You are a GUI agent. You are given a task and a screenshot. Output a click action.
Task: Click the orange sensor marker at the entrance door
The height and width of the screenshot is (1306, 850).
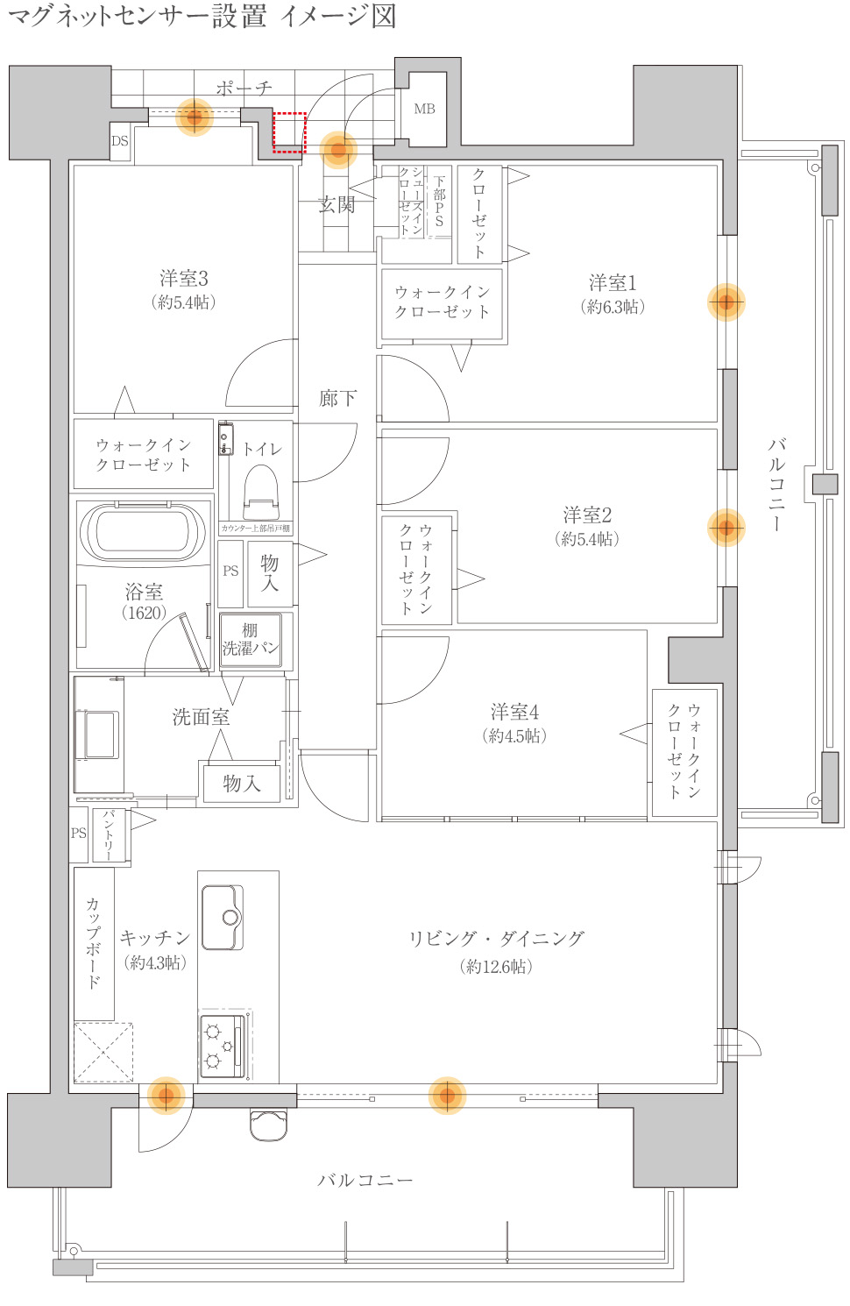(338, 150)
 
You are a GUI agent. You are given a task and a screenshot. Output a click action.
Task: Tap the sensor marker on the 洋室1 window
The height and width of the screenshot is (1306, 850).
(726, 302)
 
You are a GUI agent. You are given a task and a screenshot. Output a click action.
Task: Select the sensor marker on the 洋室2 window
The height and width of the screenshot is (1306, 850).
(726, 528)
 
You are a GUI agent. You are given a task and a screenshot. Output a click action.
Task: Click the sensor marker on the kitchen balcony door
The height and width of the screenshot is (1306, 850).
(166, 1095)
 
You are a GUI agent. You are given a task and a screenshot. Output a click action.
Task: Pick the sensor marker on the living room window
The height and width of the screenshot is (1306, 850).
(447, 1095)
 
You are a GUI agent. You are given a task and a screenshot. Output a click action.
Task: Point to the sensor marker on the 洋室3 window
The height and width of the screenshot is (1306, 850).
(195, 116)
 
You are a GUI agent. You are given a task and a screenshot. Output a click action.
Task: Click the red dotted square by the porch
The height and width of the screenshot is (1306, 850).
(289, 131)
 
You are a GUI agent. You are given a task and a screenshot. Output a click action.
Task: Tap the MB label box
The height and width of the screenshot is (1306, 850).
(424, 110)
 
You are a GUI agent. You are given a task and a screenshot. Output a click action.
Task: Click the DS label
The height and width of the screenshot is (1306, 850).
(120, 141)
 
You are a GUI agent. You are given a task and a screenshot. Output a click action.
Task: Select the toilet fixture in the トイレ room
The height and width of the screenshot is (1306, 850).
(260, 492)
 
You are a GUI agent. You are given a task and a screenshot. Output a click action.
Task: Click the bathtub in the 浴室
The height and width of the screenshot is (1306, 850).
(144, 531)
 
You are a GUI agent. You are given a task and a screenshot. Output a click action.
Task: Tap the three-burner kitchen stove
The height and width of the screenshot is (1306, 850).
(222, 1046)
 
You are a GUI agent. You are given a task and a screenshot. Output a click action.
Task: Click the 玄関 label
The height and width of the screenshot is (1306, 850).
(336, 205)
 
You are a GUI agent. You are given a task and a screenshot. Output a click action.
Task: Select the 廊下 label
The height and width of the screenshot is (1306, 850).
(337, 399)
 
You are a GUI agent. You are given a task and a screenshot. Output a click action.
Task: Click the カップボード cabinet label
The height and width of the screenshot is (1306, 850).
(94, 942)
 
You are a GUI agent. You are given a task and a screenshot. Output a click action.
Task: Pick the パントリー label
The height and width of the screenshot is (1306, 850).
(110, 834)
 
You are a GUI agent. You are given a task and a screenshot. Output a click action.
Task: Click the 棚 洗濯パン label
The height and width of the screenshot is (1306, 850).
(251, 640)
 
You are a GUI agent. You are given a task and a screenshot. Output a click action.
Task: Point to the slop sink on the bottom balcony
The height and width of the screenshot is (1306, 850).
(268, 1125)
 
